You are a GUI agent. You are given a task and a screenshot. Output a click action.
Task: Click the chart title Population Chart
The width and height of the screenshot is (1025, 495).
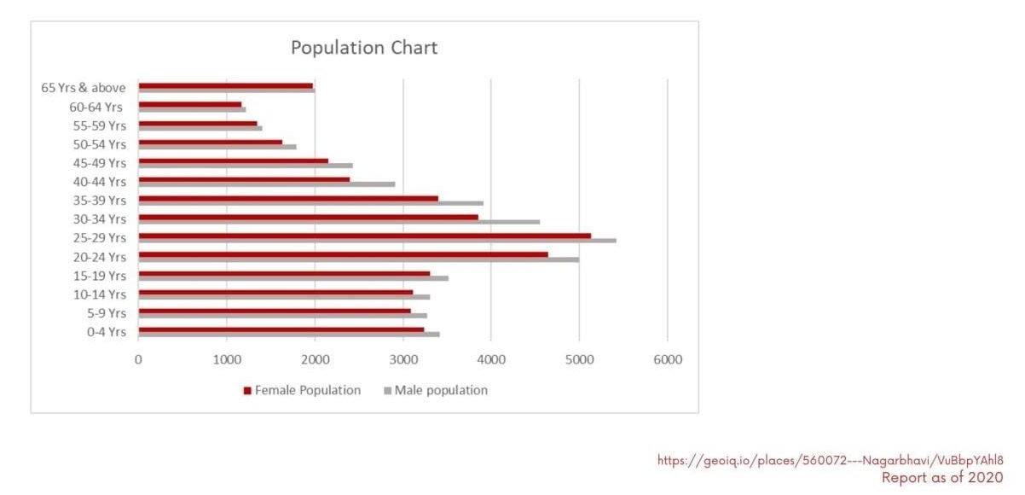point(364,48)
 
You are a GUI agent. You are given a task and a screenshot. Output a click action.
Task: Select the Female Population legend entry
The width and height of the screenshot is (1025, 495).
point(302,390)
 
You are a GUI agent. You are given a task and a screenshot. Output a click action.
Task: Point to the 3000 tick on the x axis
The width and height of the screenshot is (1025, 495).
point(402,360)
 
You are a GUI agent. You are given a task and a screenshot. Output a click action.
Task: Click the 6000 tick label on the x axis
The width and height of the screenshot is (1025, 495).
point(667,360)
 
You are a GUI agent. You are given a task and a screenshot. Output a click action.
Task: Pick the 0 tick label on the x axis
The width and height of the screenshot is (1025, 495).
point(138,360)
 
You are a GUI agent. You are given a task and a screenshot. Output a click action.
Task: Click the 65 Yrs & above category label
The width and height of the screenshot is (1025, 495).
point(84,87)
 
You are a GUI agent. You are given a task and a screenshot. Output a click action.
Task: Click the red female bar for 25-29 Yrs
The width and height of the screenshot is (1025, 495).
point(364,236)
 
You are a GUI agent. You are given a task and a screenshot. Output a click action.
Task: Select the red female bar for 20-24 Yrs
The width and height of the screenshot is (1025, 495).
point(343,254)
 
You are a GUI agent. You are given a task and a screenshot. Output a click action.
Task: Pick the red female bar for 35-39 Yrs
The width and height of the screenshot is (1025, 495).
point(288,198)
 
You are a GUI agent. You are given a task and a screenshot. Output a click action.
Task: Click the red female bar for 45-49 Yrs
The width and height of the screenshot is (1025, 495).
point(233,160)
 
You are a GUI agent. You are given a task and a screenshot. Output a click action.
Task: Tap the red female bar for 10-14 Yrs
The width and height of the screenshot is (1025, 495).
point(275,292)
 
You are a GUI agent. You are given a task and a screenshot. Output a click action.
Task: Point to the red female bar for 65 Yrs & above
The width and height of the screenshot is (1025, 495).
point(225,85)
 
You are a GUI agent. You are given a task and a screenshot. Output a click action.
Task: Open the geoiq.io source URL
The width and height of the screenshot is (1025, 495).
point(830,460)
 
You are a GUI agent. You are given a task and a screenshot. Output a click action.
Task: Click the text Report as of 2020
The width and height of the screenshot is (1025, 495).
point(942,477)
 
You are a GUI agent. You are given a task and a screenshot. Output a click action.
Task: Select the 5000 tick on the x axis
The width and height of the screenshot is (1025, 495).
point(579,360)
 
